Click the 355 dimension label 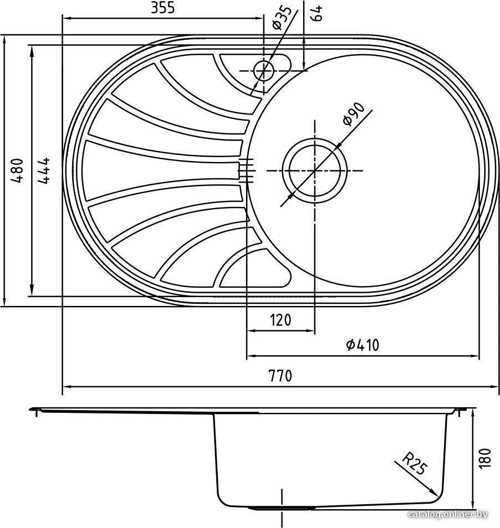[x=163, y=7]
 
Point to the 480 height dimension [x=17, y=170]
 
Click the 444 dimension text [x=44, y=170]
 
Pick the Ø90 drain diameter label [x=353, y=114]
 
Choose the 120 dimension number [x=280, y=320]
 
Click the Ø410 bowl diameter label [x=363, y=345]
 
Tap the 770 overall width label [x=280, y=375]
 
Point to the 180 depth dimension [x=484, y=458]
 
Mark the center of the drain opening [x=314, y=170]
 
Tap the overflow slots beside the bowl [x=246, y=170]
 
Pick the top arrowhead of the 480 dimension [x=4, y=40]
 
